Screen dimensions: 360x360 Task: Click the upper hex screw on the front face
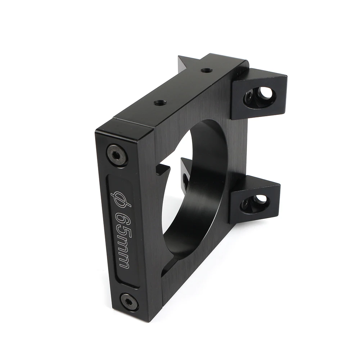pyautogui.click(x=117, y=154)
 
